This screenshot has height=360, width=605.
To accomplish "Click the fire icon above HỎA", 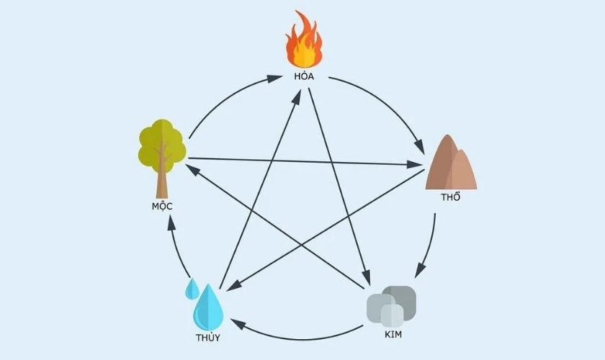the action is (x=304, y=40).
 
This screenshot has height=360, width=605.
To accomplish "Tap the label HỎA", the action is (x=304, y=76).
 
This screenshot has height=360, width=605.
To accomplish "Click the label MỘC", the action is (x=162, y=206).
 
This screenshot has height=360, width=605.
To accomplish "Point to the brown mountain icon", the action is (x=451, y=162).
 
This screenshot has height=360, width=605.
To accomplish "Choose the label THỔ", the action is (x=451, y=197).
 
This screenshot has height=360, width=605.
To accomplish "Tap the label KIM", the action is (x=393, y=335).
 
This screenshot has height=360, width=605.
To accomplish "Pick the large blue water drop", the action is (x=208, y=307).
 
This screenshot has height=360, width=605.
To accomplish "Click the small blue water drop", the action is (x=192, y=289).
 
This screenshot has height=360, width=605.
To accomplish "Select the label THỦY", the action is (x=208, y=338).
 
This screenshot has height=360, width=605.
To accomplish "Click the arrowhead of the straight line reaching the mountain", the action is (x=414, y=164).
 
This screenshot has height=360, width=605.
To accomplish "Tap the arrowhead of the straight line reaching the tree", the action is (x=192, y=169).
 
